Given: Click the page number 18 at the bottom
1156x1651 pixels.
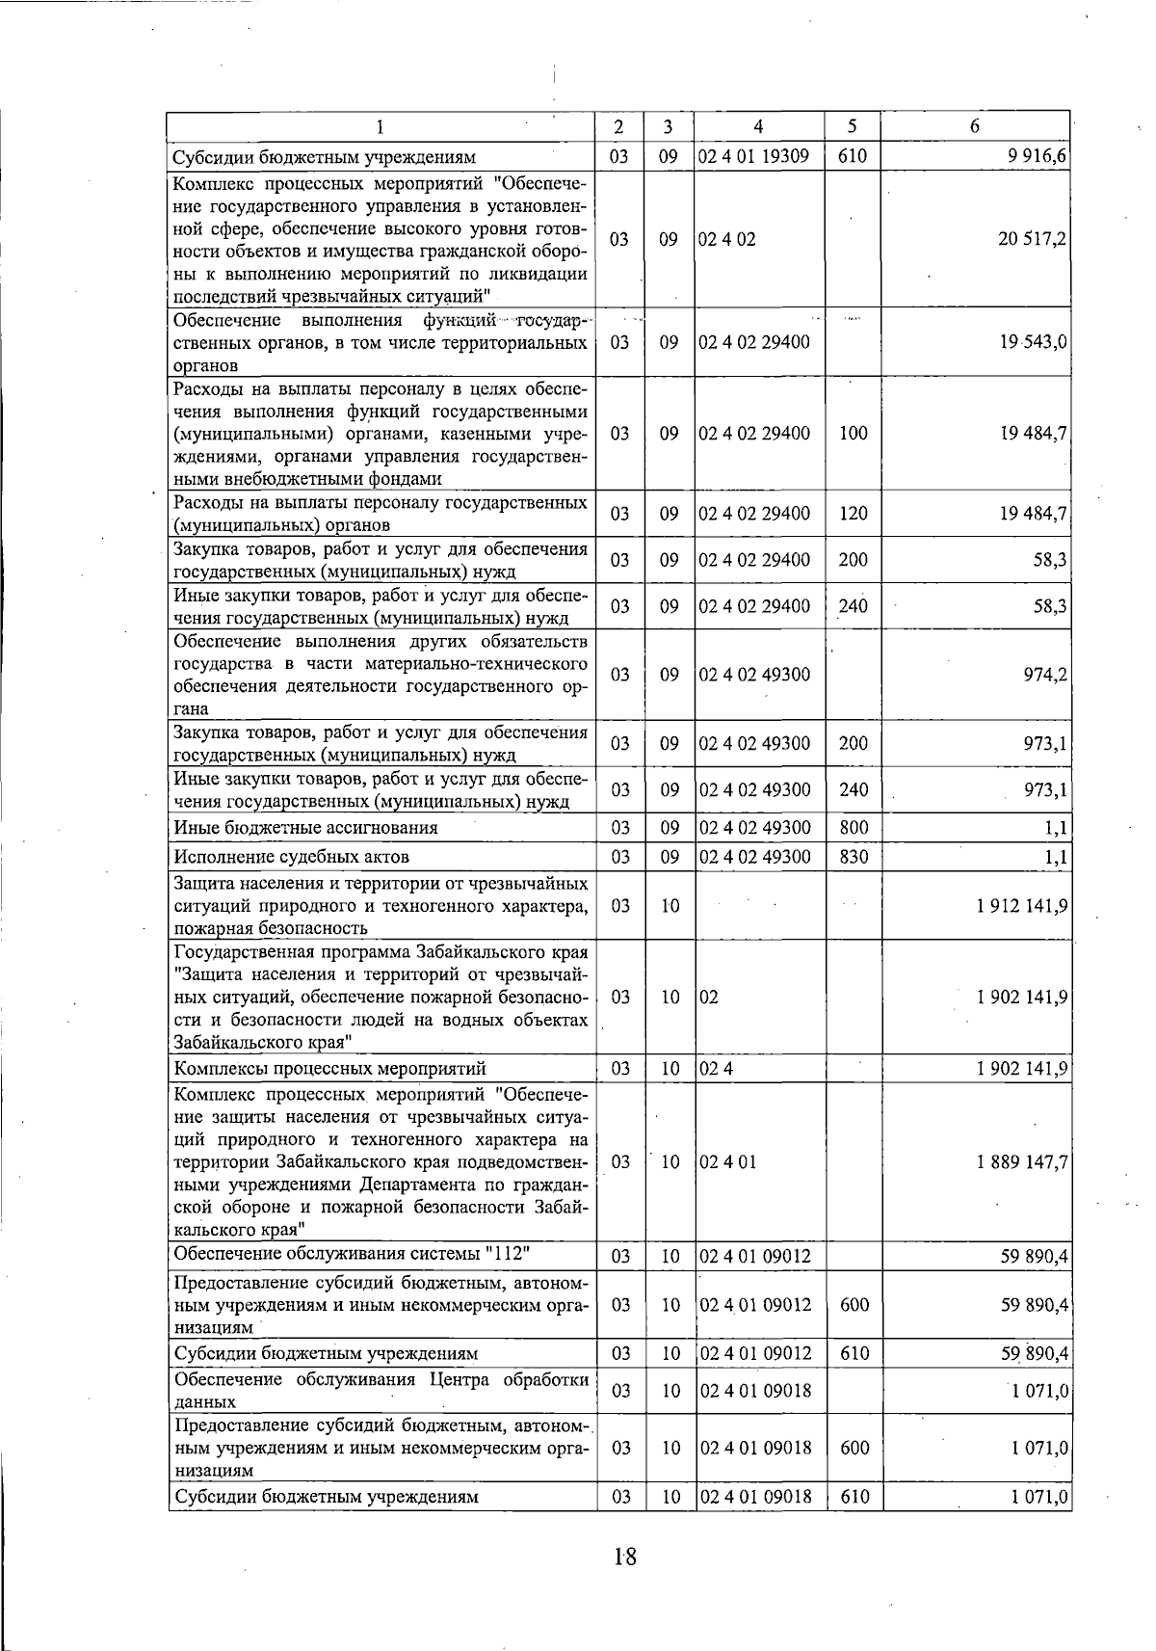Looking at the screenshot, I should pyautogui.click(x=624, y=1557).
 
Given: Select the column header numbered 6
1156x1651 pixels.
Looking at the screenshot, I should pyautogui.click(x=975, y=126).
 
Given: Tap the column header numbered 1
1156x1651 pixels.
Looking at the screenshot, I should pyautogui.click(x=380, y=126).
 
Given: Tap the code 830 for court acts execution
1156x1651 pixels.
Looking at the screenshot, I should pyautogui.click(x=854, y=857).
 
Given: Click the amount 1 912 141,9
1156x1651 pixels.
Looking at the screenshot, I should pyautogui.click(x=1022, y=906).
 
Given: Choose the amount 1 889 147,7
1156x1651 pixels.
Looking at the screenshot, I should pyautogui.click(x=1022, y=1162).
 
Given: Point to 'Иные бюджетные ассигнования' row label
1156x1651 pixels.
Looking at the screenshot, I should pyautogui.click(x=305, y=828).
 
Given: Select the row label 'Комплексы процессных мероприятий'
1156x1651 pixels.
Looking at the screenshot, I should pyautogui.click(x=329, y=1069).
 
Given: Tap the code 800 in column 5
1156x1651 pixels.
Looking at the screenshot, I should pyautogui.click(x=854, y=828).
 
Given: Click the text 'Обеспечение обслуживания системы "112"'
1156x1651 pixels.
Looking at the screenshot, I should pyautogui.click(x=353, y=1254).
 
